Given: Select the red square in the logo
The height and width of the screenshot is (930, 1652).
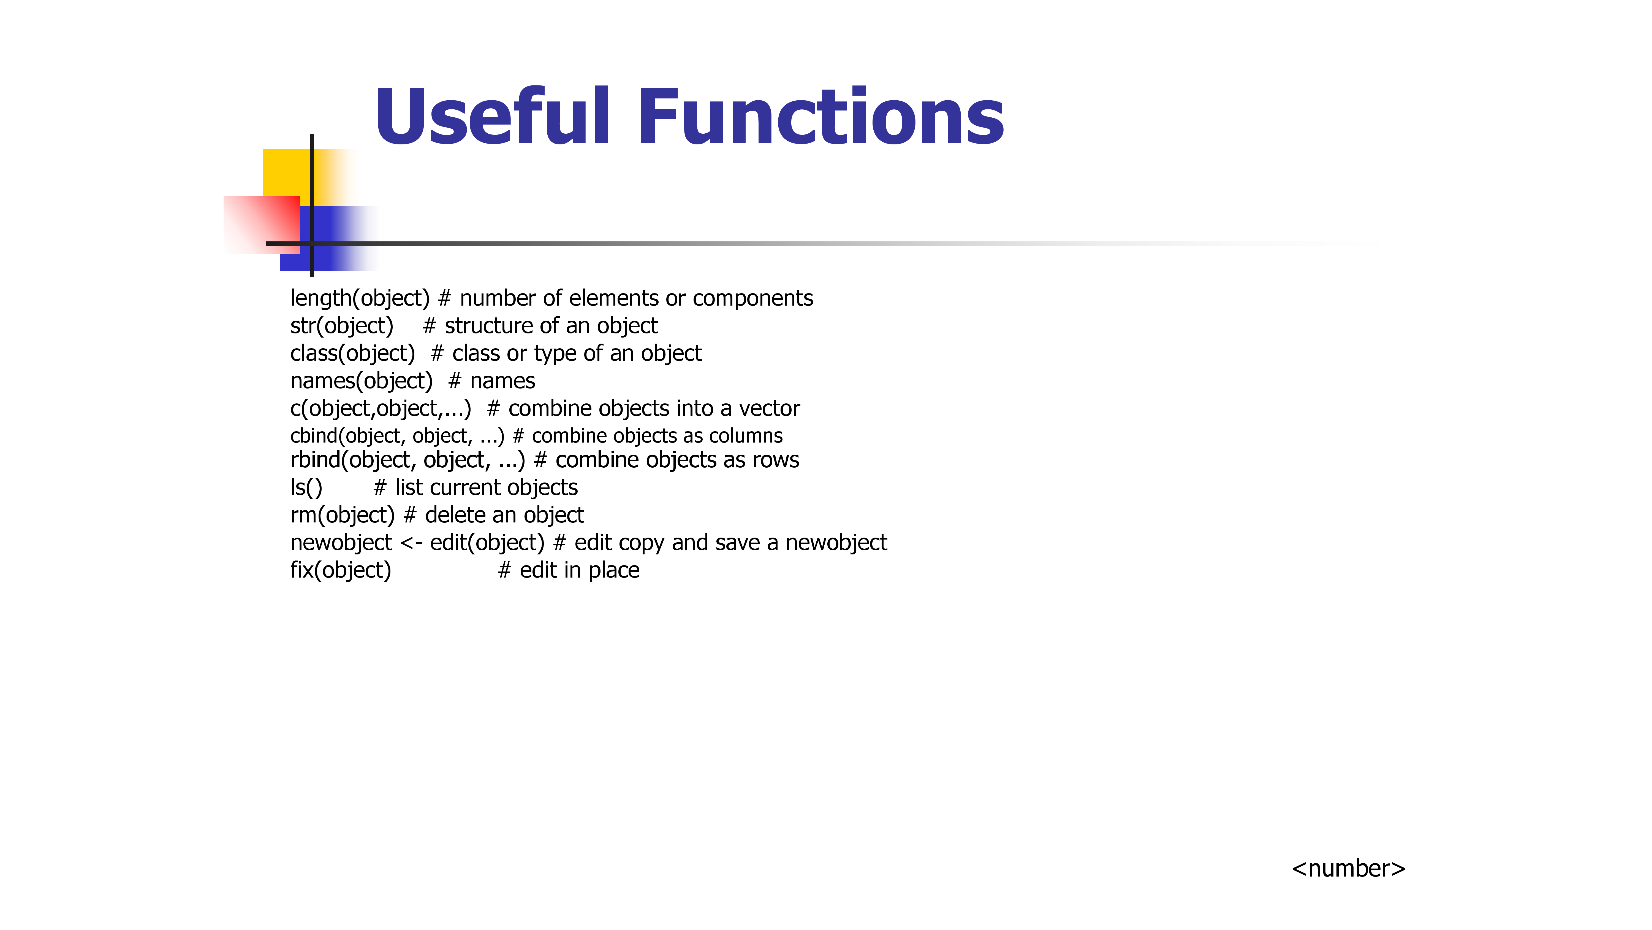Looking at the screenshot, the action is coord(262,225).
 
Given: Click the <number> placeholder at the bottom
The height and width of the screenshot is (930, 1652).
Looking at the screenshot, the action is coord(1349,868).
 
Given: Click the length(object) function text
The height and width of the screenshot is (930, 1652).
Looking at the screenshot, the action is coord(360,298).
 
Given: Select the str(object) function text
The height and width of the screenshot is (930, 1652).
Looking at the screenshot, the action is coord(342,326).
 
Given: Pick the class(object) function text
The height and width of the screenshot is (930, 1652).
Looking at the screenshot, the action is coord(353,354).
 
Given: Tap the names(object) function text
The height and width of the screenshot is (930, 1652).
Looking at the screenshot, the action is coord(362,381).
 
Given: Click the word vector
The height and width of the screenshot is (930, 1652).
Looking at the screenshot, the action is coord(770,409).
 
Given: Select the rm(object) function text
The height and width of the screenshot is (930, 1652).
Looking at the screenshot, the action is coord(343,515).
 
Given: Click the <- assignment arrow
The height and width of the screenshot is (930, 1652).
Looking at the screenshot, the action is coord(411,543).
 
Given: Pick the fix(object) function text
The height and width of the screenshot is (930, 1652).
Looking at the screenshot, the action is coord(341,571).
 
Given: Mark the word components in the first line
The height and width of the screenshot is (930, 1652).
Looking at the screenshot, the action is coord(753,299).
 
